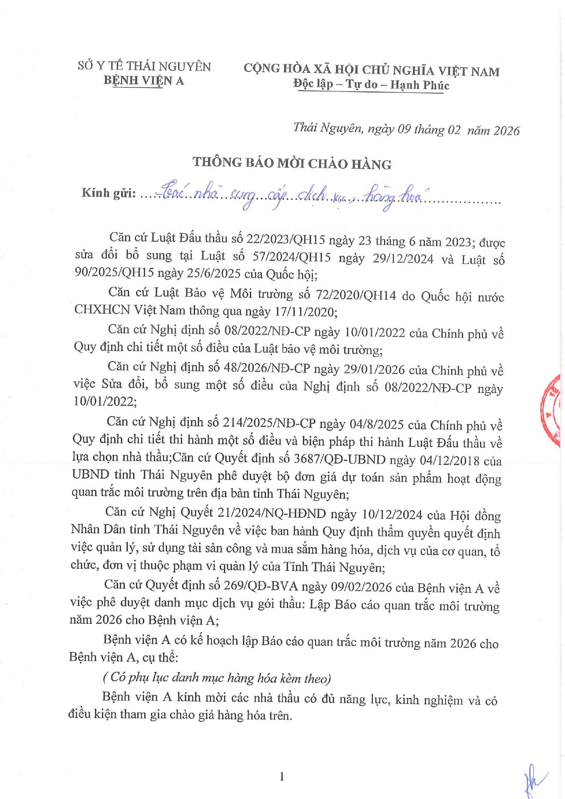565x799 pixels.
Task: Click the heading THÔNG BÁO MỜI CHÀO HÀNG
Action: (292, 163)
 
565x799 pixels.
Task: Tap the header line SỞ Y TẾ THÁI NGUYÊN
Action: (144, 66)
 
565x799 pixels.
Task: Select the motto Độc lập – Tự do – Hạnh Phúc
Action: (371, 85)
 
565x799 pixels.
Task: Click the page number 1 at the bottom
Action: (282, 776)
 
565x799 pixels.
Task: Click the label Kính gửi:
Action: (108, 193)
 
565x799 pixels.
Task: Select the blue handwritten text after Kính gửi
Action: (291, 196)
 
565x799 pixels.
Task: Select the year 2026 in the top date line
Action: (506, 131)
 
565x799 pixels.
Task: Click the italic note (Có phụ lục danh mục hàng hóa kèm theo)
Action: (217, 678)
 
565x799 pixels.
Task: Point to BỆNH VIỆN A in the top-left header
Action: (143, 81)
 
